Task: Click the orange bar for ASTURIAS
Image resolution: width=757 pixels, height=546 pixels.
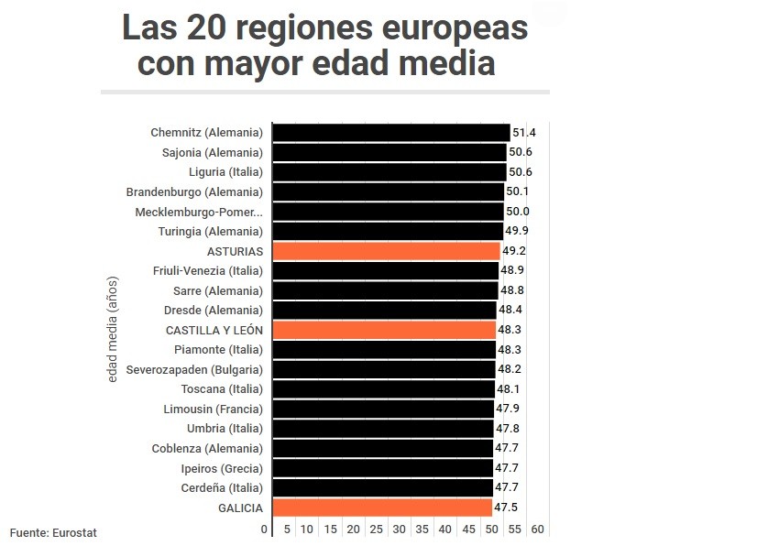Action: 386,251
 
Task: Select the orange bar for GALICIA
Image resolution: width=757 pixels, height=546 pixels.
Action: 382,508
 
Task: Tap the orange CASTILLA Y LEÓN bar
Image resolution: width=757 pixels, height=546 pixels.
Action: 384,330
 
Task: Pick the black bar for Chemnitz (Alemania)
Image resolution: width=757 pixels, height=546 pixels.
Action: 391,133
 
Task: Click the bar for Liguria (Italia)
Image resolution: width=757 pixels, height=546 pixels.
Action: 389,172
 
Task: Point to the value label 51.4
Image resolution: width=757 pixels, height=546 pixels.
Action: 523,133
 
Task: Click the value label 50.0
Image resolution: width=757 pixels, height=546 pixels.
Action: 518,212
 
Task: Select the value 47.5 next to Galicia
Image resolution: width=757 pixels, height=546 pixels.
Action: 506,508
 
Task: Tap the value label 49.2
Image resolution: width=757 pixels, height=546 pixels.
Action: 513,251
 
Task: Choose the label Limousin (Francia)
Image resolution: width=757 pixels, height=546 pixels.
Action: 213,409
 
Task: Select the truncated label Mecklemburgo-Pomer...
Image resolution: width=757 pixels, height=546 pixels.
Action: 199,212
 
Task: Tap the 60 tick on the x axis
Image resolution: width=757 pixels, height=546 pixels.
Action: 538,530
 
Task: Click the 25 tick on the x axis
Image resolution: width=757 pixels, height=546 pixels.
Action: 376,530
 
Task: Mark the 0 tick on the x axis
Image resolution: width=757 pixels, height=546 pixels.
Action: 265,530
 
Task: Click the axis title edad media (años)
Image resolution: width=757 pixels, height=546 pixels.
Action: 113,330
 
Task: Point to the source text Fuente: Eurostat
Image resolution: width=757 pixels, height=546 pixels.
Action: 53,532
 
